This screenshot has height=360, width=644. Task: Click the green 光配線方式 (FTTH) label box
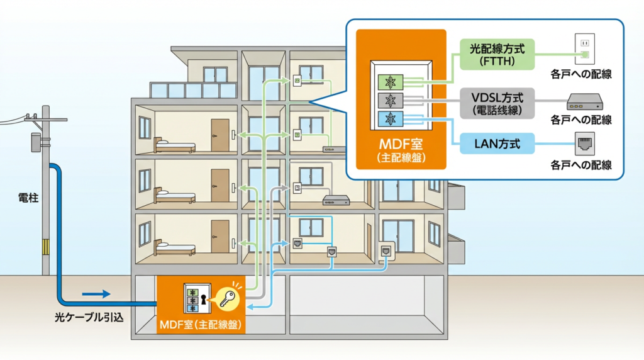pyautogui.click(x=493, y=55)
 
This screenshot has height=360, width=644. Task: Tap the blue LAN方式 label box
pyautogui.click(x=493, y=144)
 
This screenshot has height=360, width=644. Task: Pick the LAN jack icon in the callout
pyautogui.click(x=584, y=144)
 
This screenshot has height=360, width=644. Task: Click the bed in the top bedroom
pyautogui.click(x=175, y=146)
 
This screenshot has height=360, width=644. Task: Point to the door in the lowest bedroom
pyautogui.click(x=219, y=237)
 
